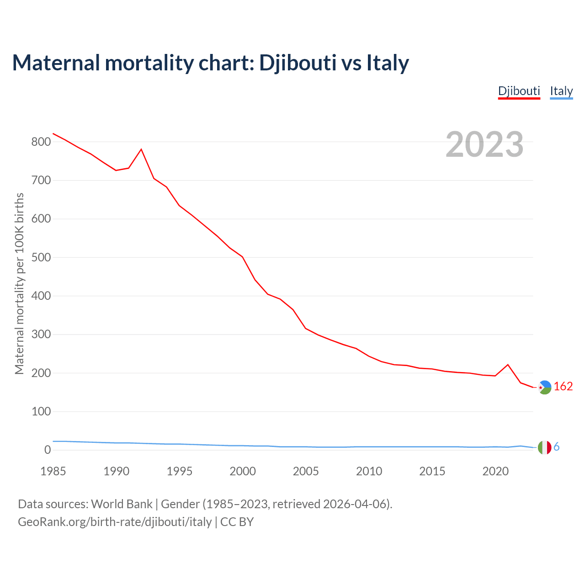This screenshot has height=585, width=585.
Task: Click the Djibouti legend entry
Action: tap(519, 91)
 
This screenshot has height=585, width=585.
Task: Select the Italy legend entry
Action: tap(561, 91)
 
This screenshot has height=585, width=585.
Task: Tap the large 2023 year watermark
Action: tap(484, 144)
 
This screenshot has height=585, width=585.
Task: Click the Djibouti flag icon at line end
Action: tap(544, 387)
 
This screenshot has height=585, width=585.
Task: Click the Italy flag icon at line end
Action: tap(544, 447)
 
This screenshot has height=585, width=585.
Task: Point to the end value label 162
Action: tap(563, 387)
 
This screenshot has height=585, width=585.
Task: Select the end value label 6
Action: tap(557, 447)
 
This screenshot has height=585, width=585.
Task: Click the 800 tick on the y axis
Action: tap(41, 142)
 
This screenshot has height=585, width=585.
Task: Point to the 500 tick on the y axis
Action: tap(41, 258)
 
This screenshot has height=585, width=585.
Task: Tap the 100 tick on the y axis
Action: tap(41, 412)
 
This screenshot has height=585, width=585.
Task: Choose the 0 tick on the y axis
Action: tap(48, 450)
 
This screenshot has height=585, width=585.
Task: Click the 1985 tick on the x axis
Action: tap(53, 471)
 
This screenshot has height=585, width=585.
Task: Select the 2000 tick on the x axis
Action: tap(243, 471)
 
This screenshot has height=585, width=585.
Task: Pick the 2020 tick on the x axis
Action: tap(495, 471)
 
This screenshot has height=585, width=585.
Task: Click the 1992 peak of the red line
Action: tap(141, 149)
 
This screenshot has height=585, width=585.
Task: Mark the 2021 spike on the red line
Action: tap(508, 365)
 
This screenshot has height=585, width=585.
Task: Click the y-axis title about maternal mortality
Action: tap(19, 283)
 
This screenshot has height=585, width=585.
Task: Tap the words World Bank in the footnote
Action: tap(122, 504)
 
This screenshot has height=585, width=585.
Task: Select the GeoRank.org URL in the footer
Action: tap(115, 522)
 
